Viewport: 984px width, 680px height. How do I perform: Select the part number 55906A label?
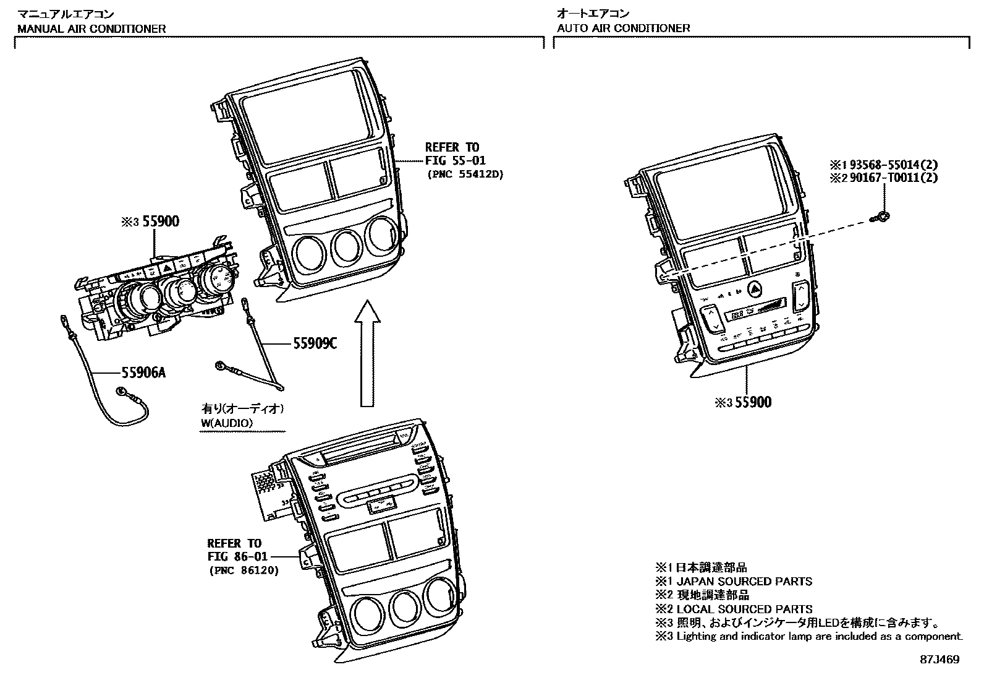point(143,372)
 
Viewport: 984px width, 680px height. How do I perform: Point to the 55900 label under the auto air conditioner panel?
point(752,402)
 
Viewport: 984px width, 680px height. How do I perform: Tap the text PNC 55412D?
point(465,174)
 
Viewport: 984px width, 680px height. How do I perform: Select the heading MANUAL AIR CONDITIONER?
point(91,28)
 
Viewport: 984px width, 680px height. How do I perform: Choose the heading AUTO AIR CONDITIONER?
point(623,28)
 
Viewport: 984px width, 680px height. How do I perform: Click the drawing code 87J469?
point(939,660)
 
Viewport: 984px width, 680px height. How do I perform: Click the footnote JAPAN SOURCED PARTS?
point(744,581)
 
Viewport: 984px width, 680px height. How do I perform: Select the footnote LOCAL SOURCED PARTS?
point(744,609)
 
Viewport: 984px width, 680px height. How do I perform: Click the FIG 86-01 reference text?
point(234,556)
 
